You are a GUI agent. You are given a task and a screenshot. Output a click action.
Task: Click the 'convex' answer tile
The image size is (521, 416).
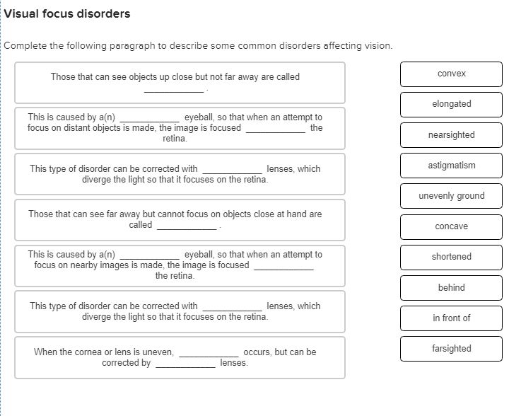[x=451, y=74]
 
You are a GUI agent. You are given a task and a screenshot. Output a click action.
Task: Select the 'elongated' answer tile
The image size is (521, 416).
[x=451, y=104]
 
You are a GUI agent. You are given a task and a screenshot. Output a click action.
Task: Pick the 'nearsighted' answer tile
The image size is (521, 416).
[x=451, y=134]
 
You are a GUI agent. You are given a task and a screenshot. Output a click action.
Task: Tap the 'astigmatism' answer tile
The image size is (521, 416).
[x=451, y=165]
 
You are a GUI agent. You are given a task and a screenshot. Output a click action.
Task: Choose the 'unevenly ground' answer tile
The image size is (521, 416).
[x=451, y=196]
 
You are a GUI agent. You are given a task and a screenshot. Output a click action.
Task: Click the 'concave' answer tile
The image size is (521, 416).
[x=451, y=226]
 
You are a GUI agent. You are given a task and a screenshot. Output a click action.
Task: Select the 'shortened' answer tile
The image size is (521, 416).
[x=451, y=257]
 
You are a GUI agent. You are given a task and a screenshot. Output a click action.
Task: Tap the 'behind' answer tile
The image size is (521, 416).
[x=451, y=287]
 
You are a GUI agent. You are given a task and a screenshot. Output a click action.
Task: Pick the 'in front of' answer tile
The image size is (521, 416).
[x=451, y=318]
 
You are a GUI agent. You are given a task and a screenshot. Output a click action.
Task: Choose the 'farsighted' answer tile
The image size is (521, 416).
[x=451, y=348]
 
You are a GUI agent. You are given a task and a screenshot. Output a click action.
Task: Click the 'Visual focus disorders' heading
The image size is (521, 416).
[x=68, y=14]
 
